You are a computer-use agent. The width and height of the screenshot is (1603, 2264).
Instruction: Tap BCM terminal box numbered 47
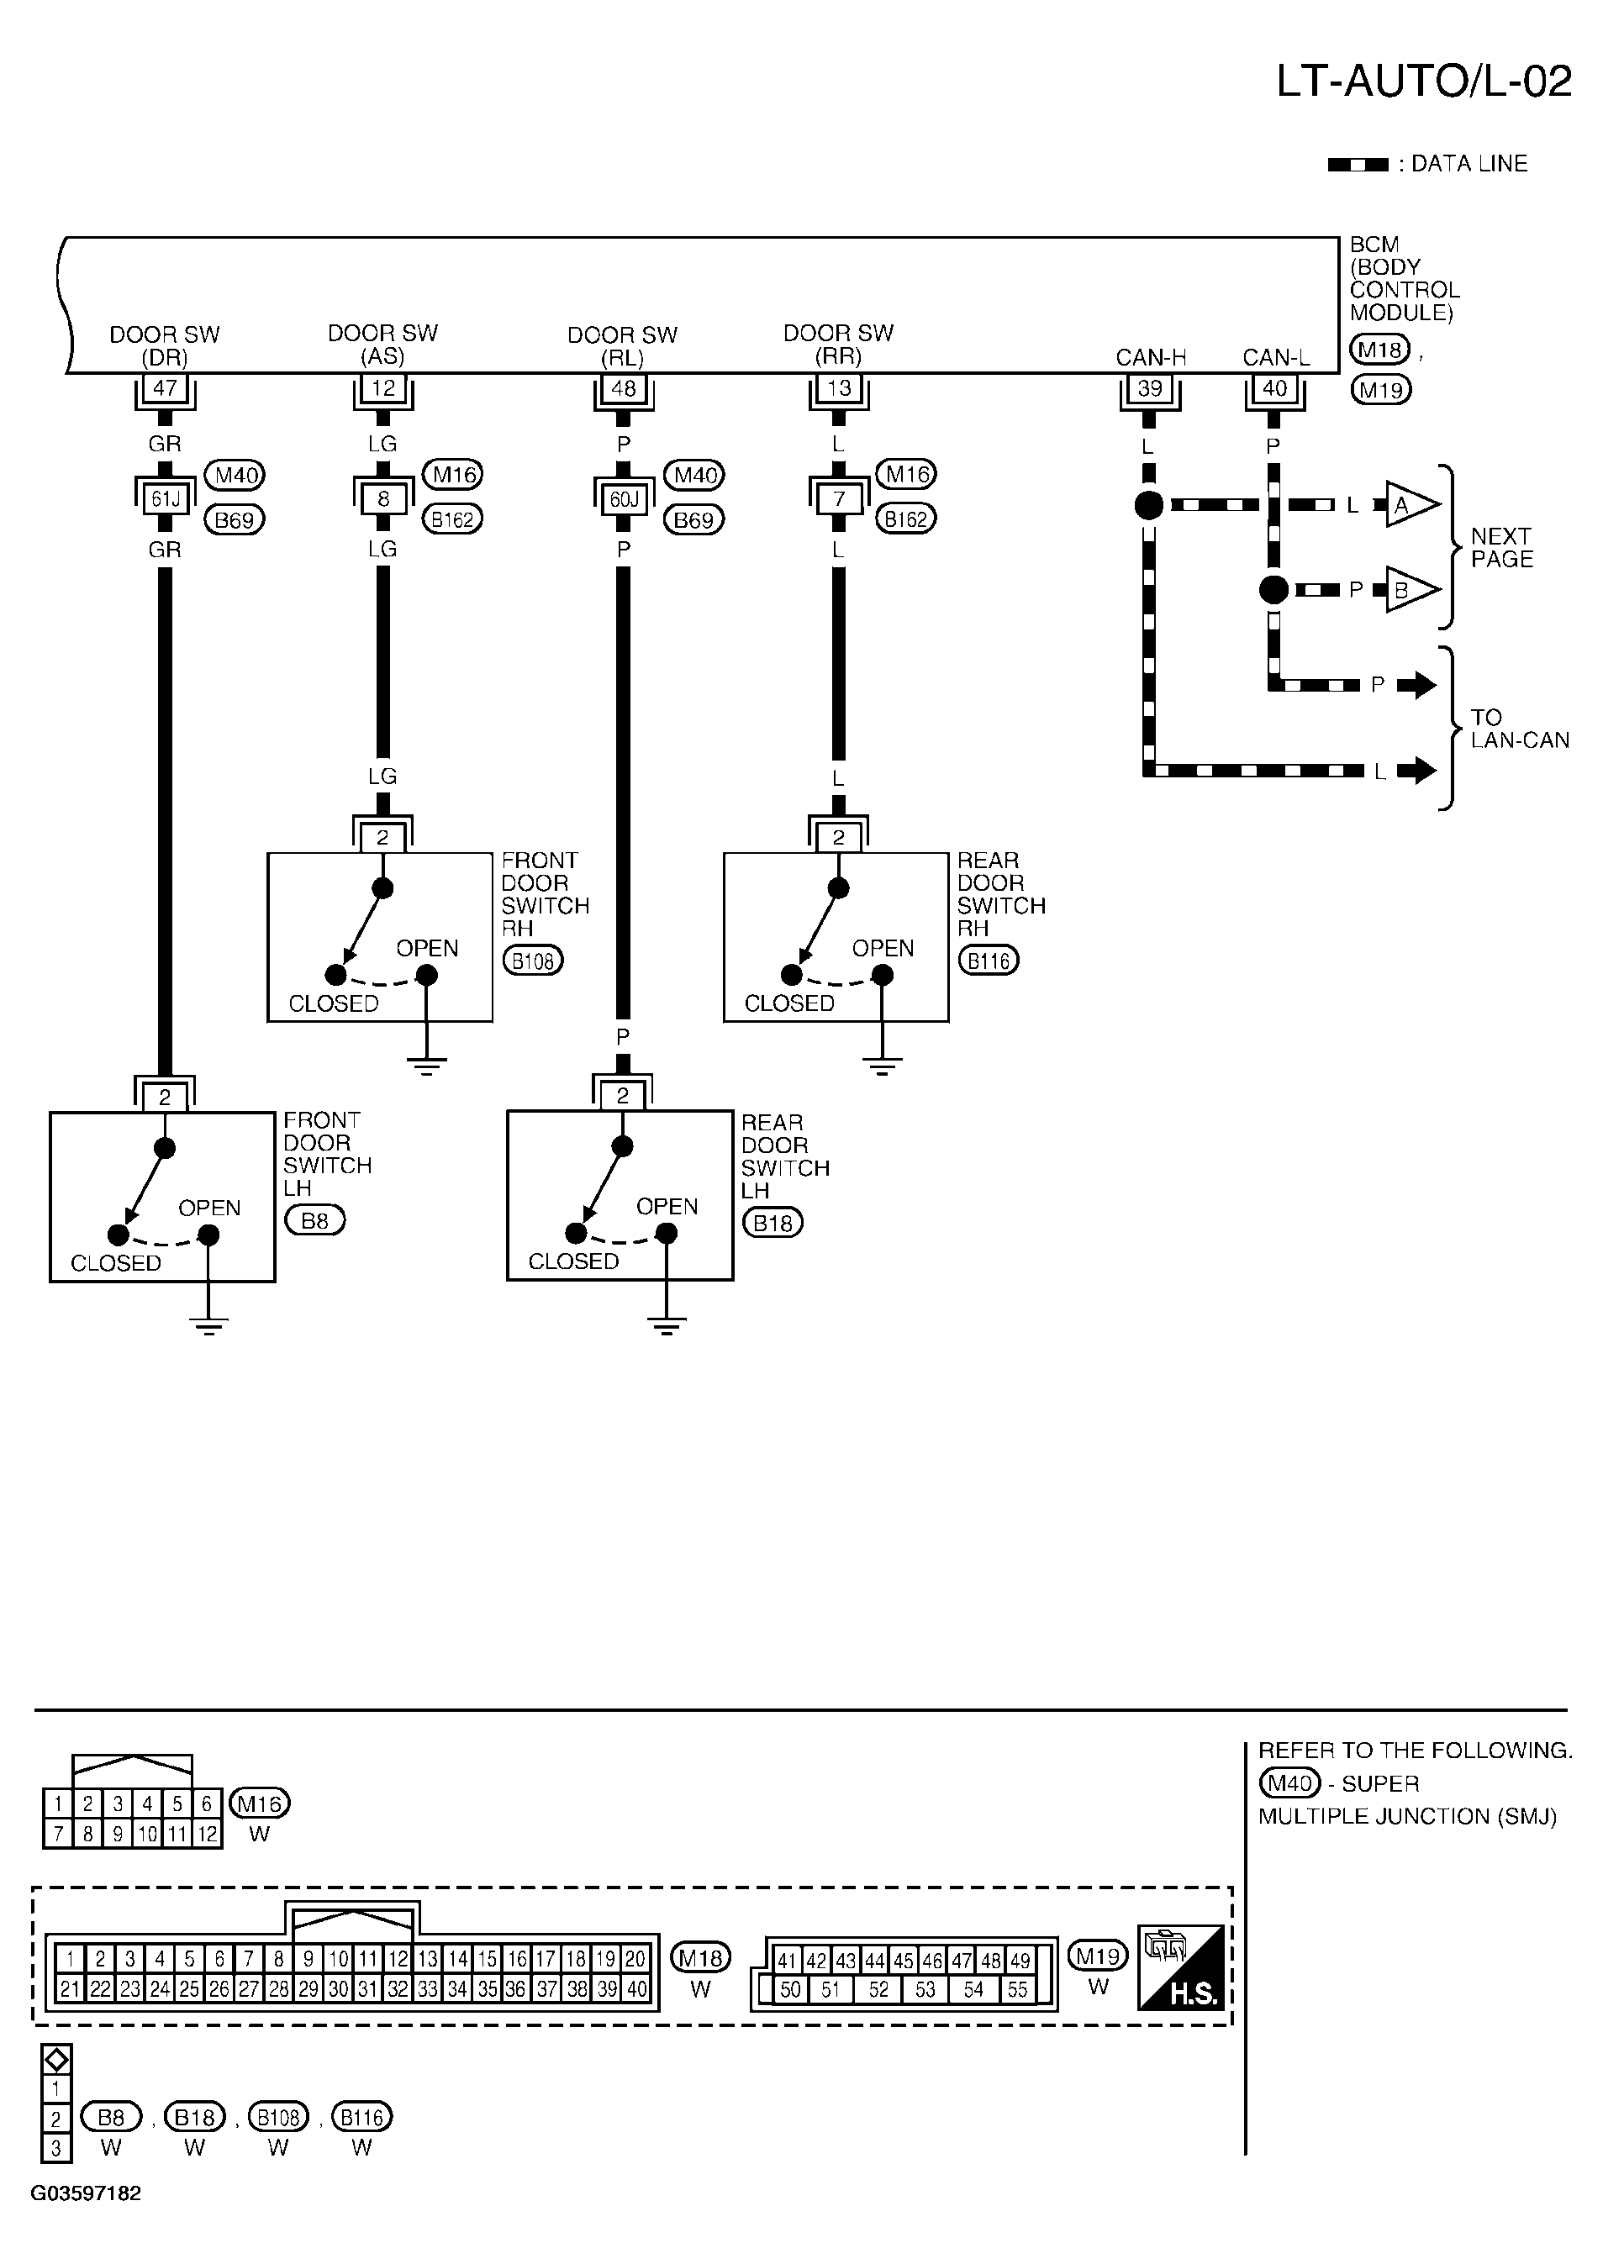(165, 388)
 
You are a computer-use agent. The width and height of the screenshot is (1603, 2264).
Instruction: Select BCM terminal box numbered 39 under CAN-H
(1150, 389)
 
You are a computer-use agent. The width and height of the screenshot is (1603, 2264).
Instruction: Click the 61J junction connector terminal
(165, 499)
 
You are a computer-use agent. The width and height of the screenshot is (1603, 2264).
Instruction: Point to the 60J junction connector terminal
(624, 499)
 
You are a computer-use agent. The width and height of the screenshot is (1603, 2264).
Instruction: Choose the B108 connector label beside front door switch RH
(533, 961)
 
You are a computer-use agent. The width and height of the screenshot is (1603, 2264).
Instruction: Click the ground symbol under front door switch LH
(208, 1325)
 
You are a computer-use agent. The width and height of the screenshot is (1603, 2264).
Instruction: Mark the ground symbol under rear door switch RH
(883, 1065)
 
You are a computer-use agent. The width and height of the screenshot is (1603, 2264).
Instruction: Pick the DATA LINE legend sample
(1358, 165)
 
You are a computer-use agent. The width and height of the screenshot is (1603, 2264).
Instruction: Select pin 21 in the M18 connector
(70, 1988)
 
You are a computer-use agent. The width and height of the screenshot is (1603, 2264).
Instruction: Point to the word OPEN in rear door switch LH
(667, 1206)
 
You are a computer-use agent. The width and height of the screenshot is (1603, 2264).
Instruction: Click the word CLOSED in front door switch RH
(334, 1003)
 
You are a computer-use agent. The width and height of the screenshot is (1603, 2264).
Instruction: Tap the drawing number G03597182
(87, 2194)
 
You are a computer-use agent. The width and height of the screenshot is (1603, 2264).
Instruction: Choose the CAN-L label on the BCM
(1276, 357)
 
